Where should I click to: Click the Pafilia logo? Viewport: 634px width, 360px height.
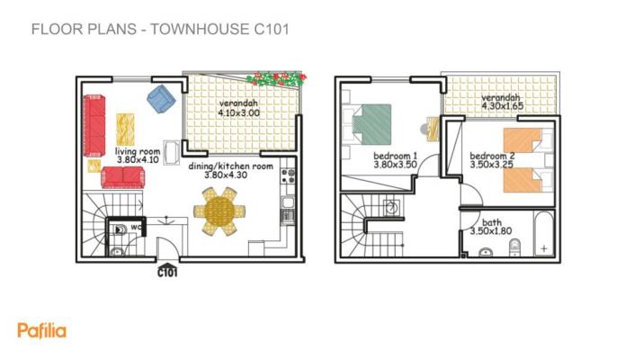[41, 330]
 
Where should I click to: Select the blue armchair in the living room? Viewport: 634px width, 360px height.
[161, 98]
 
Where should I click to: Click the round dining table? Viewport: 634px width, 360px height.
[219, 213]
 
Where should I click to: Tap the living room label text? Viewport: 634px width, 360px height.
[137, 152]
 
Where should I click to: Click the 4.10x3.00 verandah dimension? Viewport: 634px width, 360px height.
[238, 114]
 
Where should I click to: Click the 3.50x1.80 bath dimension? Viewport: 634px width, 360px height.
[491, 231]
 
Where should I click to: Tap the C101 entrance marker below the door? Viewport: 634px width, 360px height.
[167, 271]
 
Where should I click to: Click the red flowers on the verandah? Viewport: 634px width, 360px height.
[277, 80]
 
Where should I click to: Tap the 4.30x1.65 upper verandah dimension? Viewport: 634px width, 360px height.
[502, 107]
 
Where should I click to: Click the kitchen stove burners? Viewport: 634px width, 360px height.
[289, 174]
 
